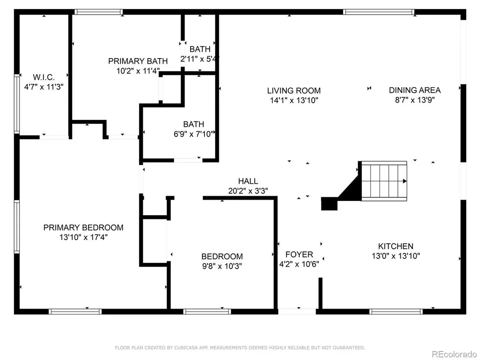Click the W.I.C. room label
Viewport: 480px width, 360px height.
click(x=44, y=77)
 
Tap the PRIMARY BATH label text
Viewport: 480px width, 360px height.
click(x=138, y=61)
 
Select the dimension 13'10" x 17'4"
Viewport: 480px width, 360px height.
click(x=84, y=237)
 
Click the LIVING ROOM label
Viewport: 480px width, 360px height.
click(x=294, y=91)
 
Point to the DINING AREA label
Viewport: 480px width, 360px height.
click(x=415, y=90)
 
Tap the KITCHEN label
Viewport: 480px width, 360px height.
click(x=396, y=246)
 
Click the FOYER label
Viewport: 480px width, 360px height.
click(x=299, y=254)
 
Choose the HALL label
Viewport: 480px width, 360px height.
click(x=248, y=181)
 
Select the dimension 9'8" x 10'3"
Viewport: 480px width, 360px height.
click(x=222, y=266)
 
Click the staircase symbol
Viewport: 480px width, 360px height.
click(x=384, y=181)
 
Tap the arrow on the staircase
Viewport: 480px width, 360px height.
click(x=405, y=181)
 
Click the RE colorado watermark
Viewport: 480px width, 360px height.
click(x=454, y=354)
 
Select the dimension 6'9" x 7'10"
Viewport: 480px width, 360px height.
click(x=194, y=134)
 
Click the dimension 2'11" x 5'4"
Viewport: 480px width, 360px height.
click(x=200, y=59)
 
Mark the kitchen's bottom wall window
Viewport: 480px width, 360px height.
click(x=396, y=311)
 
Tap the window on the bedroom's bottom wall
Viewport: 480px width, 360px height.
click(x=207, y=311)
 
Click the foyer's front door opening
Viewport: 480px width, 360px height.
click(x=297, y=311)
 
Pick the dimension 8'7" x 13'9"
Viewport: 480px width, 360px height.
click(x=415, y=100)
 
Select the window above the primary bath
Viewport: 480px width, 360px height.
click(x=99, y=12)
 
